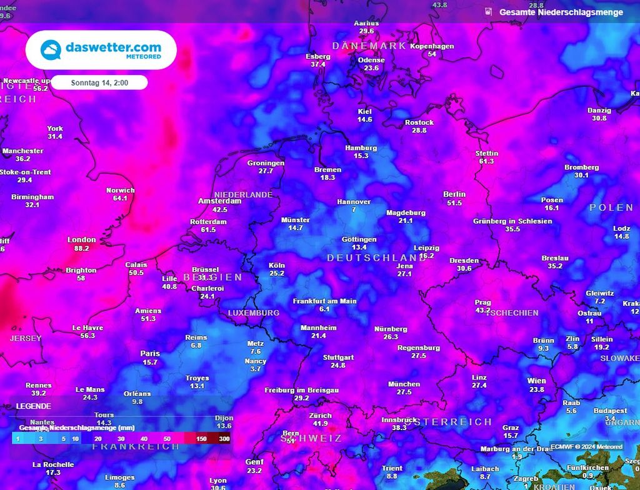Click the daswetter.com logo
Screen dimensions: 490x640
click(x=101, y=50)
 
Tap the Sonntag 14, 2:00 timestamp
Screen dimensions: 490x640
click(x=99, y=82)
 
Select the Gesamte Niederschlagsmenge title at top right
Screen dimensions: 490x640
click(x=561, y=12)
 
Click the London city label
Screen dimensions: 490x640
click(x=82, y=240)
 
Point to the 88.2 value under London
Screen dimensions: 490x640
click(x=82, y=248)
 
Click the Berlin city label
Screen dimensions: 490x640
click(x=454, y=194)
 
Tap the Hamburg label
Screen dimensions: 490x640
click(x=361, y=148)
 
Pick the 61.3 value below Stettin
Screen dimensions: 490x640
click(x=486, y=162)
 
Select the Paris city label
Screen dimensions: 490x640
click(x=150, y=353)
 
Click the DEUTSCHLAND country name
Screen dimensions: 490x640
click(x=377, y=258)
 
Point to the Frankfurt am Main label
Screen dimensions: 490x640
click(x=325, y=301)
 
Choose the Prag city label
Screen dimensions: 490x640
click(x=482, y=301)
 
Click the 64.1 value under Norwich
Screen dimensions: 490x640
click(x=120, y=198)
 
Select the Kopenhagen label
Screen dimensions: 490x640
click(x=432, y=46)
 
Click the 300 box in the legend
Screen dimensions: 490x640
click(x=224, y=439)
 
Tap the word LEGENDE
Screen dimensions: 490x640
click(x=34, y=406)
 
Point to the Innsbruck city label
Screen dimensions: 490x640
click(x=399, y=419)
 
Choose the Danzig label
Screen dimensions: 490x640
click(x=599, y=110)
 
